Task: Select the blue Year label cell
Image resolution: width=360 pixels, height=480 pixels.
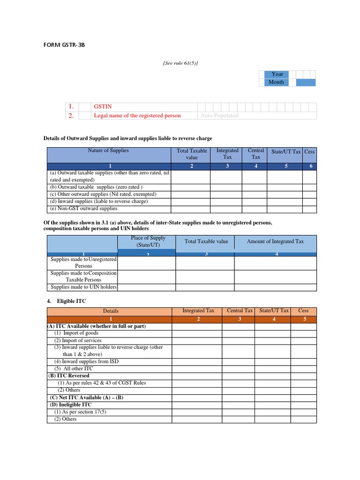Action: [277, 74]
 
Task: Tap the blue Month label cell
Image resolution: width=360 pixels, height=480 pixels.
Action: [276, 82]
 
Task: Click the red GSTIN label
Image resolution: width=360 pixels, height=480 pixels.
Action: [103, 107]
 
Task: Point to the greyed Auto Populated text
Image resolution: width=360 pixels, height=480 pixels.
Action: [219, 115]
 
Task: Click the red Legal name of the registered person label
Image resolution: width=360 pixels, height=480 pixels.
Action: [137, 115]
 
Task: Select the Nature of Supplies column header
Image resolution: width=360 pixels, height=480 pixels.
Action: [108, 150]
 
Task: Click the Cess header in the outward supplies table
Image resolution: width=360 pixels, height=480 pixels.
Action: [309, 151]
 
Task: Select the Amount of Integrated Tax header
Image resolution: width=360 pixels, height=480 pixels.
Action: [275, 241]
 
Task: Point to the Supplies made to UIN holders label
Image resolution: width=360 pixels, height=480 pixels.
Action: [83, 287]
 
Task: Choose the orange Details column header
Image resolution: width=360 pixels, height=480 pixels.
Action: [111, 311]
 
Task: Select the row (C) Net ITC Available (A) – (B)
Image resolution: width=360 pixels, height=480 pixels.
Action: [87, 397]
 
